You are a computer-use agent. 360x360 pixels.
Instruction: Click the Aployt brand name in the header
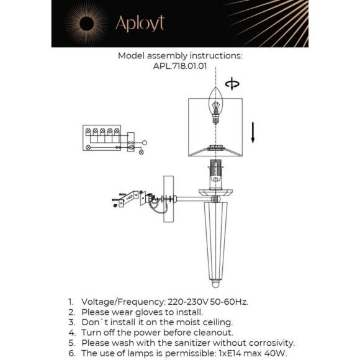point(140,24)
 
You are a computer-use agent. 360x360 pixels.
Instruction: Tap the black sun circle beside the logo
point(86,24)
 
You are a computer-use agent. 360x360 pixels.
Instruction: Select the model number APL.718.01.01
point(180,66)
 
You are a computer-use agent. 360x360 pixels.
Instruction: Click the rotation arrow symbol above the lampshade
point(232,84)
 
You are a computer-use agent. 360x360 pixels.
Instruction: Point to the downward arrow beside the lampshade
point(253,132)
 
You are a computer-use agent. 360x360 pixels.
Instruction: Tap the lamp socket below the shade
point(215,174)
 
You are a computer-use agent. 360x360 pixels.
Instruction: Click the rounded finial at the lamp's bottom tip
point(215,284)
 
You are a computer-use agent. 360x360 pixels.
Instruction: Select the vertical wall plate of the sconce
point(169,199)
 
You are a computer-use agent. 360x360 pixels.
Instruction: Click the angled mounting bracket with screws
point(128,198)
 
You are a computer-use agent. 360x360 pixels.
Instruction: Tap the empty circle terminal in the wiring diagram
point(145,143)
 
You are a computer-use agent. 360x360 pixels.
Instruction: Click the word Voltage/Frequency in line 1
point(124,302)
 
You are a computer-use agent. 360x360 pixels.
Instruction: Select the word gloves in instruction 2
point(149,312)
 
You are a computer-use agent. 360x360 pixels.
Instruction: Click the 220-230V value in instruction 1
point(188,302)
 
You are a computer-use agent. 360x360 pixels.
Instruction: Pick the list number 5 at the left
point(71,343)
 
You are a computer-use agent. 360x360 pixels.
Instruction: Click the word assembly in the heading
point(167,56)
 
